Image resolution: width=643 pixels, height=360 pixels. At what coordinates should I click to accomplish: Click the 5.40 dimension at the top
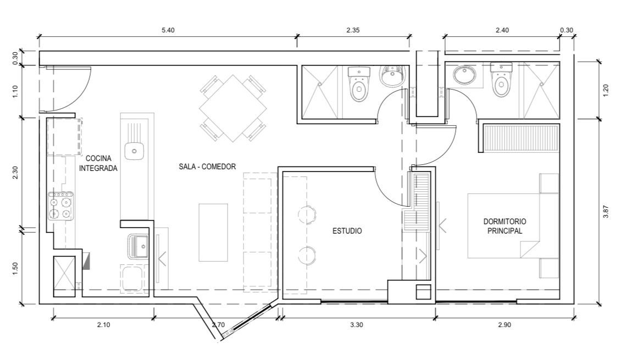(168, 30)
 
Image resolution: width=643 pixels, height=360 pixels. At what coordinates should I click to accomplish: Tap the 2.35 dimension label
(353, 30)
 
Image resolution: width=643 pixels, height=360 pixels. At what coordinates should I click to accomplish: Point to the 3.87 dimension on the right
(606, 212)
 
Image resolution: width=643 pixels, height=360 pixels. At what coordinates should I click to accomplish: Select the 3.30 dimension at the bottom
(356, 325)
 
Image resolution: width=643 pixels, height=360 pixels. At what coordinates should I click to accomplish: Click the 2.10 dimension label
(103, 325)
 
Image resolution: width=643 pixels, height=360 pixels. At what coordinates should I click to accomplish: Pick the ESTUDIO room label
(347, 231)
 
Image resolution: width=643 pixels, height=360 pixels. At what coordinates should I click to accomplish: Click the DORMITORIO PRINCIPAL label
(505, 226)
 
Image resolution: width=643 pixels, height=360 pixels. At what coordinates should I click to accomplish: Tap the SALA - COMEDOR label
(207, 167)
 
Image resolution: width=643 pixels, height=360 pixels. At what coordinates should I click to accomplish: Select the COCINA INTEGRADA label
(98, 163)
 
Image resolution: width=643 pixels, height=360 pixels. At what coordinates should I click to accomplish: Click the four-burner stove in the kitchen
(60, 206)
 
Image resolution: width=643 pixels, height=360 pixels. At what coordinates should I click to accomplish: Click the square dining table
(232, 108)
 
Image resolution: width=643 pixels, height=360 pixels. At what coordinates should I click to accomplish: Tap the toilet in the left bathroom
(359, 84)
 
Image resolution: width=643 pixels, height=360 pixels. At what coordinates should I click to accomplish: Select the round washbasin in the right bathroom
(465, 76)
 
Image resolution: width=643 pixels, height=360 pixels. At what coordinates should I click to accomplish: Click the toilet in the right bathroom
(501, 80)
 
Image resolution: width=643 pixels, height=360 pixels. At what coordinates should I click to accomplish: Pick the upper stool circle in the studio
(307, 215)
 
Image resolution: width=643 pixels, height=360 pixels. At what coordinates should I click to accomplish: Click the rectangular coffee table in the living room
(213, 232)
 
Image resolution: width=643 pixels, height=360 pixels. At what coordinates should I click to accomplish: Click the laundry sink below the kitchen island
(138, 246)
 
